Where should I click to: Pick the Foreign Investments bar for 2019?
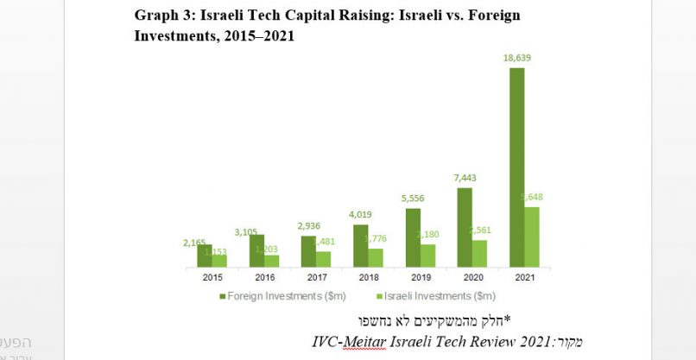(413, 237)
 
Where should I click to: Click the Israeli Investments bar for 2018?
(376, 257)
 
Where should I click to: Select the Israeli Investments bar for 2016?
(271, 260)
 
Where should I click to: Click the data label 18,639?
(517, 56)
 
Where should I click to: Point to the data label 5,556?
(413, 198)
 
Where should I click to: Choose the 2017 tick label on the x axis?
(316, 277)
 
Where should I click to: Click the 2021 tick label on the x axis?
(524, 277)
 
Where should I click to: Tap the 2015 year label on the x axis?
(212, 277)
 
